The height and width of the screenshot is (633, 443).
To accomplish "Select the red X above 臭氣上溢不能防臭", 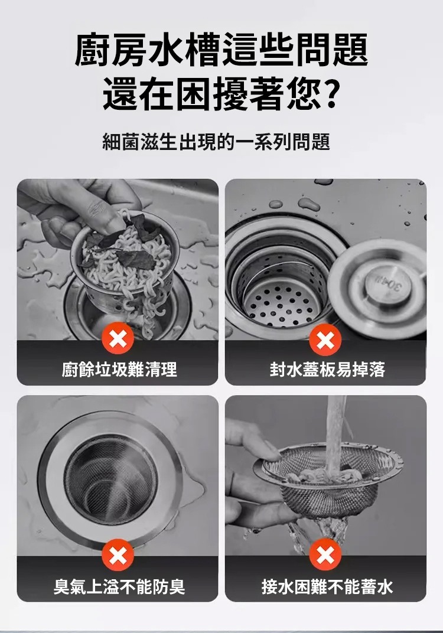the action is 118,555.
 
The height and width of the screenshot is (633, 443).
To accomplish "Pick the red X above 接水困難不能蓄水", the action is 325,555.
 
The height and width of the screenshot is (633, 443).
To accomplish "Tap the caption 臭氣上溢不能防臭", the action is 119,586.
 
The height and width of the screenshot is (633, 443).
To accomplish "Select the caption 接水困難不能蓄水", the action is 327,586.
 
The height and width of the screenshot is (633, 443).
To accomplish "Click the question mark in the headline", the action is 331,94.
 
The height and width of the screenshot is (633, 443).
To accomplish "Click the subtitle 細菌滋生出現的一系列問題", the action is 216,142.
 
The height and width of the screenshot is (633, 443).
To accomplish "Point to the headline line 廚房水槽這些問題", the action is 221,50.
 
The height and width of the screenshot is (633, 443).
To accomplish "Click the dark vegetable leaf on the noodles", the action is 136,259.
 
